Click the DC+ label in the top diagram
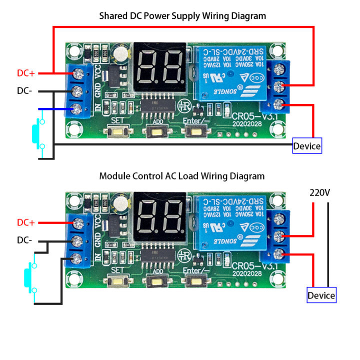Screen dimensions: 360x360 pos(25,73)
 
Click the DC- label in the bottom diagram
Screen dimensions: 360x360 pos(25,240)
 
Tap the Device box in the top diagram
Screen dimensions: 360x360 pos(307,146)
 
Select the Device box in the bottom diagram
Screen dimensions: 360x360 pos(321,295)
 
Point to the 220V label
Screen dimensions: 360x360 pos(319,192)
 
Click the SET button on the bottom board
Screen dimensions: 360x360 pos(118,281)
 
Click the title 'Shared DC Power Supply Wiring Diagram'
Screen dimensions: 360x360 pos(182,16)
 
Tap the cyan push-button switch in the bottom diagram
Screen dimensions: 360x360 pos(29,279)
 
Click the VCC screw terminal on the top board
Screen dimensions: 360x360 pos(78,73)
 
